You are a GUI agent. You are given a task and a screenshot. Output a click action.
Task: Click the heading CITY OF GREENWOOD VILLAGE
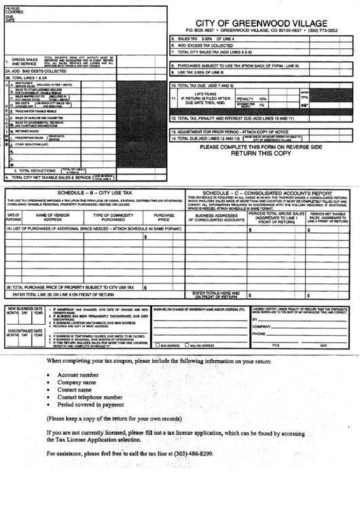click(x=262, y=22)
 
